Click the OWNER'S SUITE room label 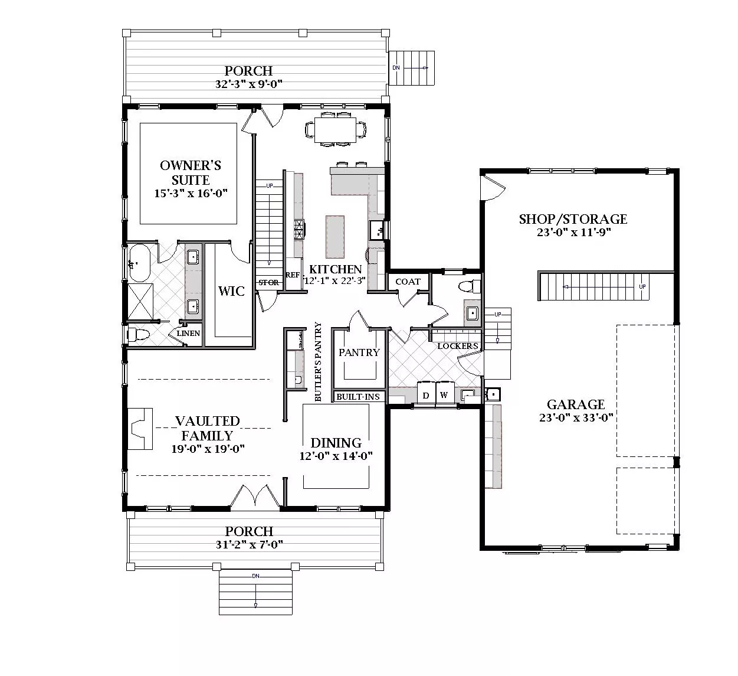(191, 172)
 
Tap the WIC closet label (231, 291)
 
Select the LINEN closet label (188, 333)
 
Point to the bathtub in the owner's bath (139, 263)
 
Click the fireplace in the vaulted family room (140, 429)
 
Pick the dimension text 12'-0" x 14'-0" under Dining (336, 456)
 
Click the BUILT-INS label (358, 397)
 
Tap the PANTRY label (359, 352)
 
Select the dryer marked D (426, 394)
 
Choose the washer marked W (444, 394)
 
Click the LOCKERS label (458, 346)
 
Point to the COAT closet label (408, 282)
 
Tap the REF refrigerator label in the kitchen (293, 275)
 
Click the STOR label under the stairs (268, 283)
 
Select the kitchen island (335, 237)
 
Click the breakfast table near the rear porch (335, 130)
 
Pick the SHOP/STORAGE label (573, 219)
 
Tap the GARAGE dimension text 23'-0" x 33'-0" (576, 418)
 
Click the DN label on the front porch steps (255, 576)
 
